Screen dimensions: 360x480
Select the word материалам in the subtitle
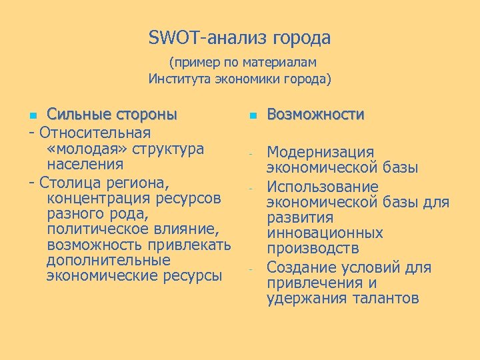point(281,63)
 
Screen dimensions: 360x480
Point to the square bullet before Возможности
point(253,115)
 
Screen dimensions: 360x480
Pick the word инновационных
point(325,233)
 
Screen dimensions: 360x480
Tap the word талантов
point(381,298)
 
